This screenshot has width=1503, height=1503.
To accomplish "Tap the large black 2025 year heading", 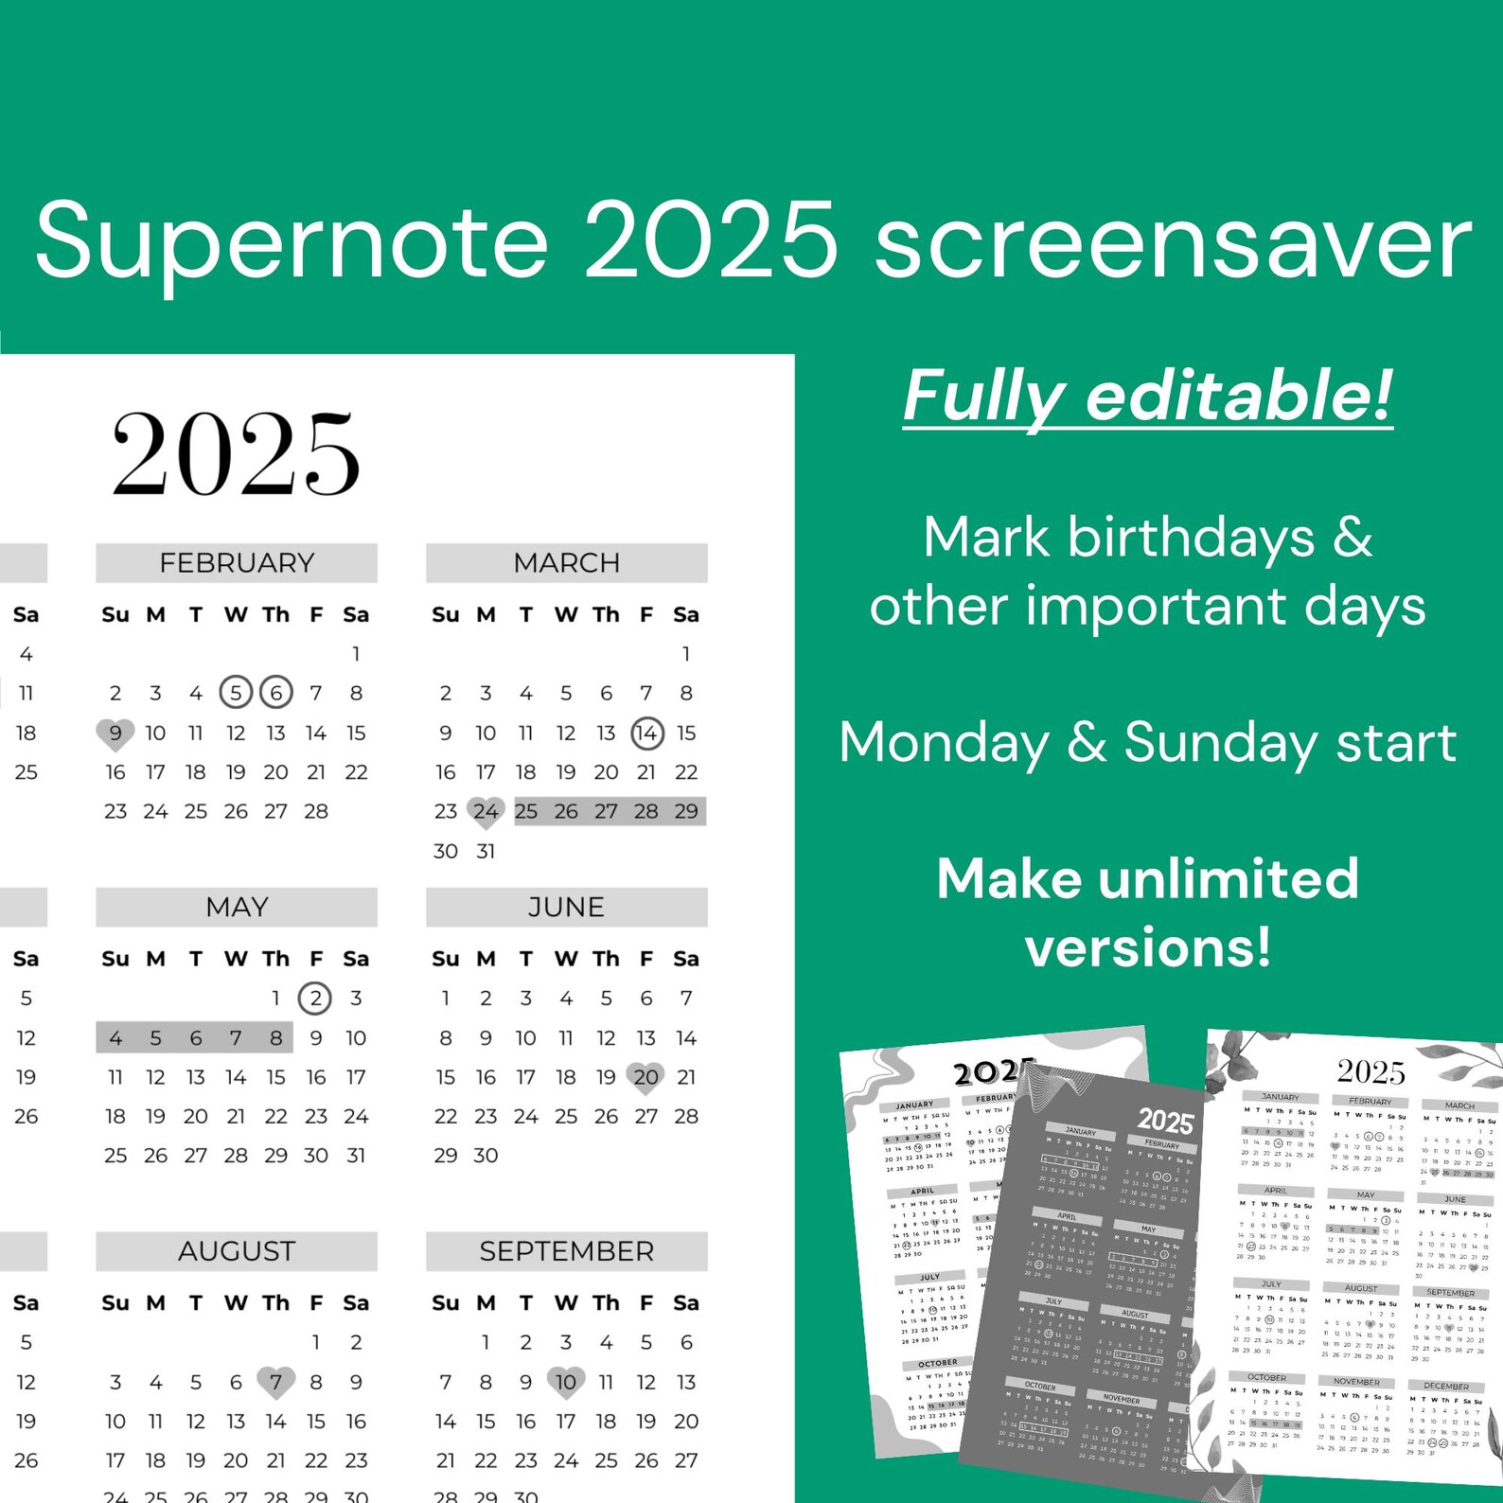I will [x=236, y=454].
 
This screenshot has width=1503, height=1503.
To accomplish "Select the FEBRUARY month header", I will [x=237, y=563].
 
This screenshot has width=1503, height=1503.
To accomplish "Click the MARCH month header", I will [x=566, y=563].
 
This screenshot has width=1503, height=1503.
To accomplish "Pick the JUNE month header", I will [x=566, y=907].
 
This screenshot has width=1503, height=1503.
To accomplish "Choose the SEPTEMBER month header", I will [x=566, y=1251].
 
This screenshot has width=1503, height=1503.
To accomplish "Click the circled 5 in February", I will [x=236, y=693].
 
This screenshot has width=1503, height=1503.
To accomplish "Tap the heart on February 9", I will [x=115, y=734].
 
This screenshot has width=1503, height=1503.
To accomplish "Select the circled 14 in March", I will [x=646, y=733].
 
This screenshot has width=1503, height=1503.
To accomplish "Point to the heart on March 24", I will [x=486, y=812].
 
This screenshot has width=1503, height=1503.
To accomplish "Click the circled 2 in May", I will [x=315, y=999].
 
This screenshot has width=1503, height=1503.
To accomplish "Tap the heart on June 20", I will [x=646, y=1077].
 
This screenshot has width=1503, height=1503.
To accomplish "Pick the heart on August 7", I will [x=275, y=1383].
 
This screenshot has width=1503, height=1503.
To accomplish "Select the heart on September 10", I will [x=566, y=1383].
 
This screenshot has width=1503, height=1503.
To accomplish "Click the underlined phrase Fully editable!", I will [x=1147, y=396].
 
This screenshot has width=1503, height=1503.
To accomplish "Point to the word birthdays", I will [x=1191, y=538].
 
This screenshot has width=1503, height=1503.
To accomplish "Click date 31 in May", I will [x=356, y=1156].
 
